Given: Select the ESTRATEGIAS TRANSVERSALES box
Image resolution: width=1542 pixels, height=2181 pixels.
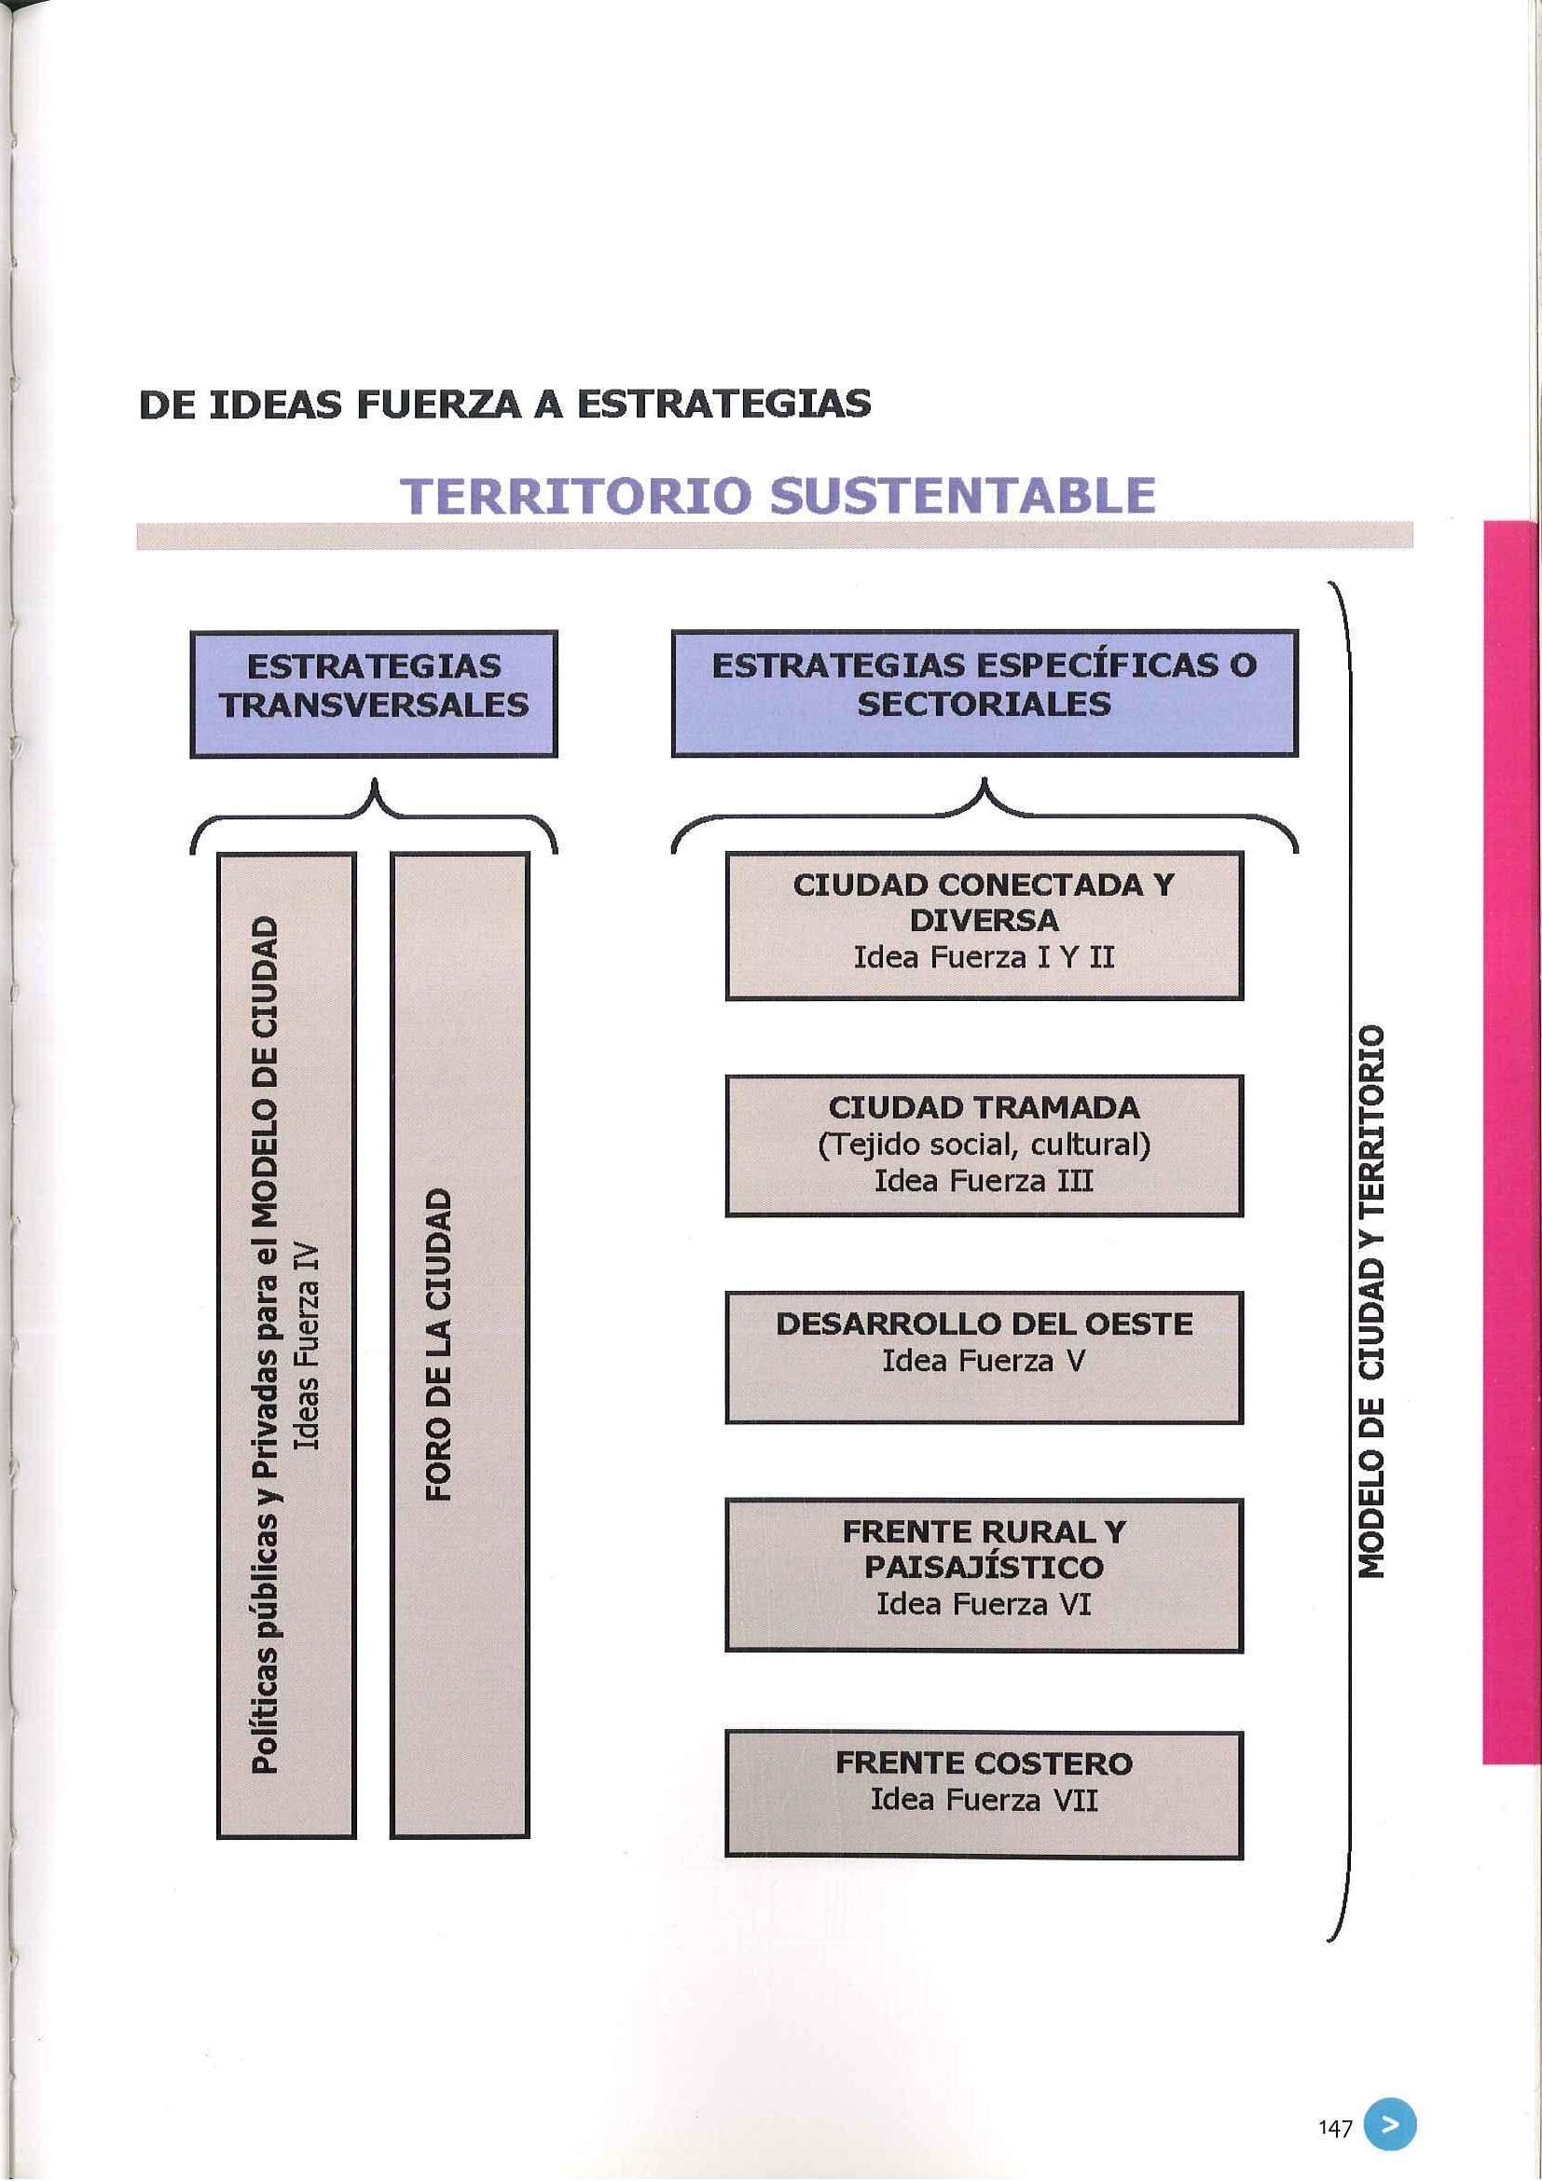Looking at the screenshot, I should coord(374,693).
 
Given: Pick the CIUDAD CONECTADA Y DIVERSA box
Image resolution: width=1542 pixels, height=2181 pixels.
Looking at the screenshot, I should coord(984,926).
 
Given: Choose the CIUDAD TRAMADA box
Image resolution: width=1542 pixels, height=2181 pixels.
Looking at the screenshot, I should coord(984,1145).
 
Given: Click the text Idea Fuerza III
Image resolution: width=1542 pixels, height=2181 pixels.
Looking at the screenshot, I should coord(984,1181).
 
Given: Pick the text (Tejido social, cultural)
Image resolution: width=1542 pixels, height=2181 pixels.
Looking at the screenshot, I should coord(984,1145).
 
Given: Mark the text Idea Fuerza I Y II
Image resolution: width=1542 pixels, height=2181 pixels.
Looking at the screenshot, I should coord(984,956).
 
